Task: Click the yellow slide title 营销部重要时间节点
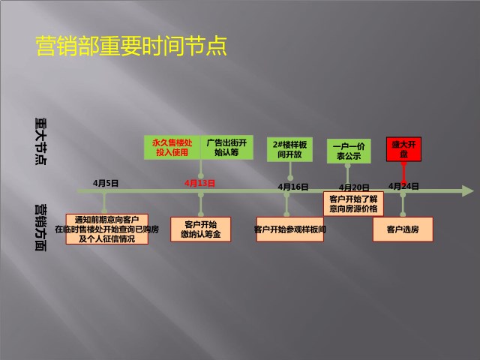tap(131, 46)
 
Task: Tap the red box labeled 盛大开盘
tap(403, 149)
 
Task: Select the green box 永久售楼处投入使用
tap(172, 147)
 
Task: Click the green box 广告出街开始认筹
tap(226, 147)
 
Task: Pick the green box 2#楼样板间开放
tap(289, 149)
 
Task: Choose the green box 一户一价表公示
tap(349, 151)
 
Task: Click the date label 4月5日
tap(106, 183)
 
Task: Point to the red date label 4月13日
tap(199, 183)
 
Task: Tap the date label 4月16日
tap(293, 187)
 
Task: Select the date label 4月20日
tap(354, 187)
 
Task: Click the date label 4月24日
tap(403, 186)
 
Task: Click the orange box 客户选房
tap(403, 229)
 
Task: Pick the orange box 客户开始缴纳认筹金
tap(200, 229)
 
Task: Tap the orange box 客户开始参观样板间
tap(290, 229)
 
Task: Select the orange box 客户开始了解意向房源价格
tap(353, 203)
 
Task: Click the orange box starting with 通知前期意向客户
tap(107, 229)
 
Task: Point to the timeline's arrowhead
tap(468, 191)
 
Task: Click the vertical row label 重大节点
tap(40, 141)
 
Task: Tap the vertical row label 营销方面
tap(40, 228)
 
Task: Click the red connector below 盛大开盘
tap(403, 175)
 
